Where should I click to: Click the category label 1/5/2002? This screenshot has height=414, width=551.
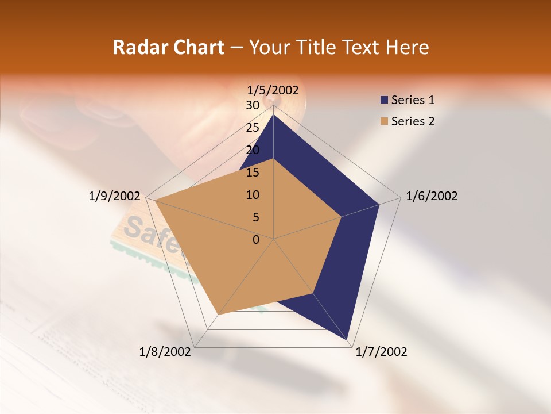coord(273,90)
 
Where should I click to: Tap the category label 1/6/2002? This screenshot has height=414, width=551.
coord(432,196)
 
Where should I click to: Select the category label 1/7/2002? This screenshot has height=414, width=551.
coord(381,352)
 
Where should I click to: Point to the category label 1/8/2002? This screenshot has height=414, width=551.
coord(165,352)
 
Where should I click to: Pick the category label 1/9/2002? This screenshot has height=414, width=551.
coord(115,196)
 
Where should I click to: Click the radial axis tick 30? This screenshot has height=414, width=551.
coord(252,105)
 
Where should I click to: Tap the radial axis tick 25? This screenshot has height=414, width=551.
coord(252,128)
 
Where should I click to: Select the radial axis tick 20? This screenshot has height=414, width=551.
coord(252,150)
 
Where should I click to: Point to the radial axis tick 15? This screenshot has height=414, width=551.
coord(252,172)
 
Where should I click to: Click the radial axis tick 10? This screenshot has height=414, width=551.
coord(252,195)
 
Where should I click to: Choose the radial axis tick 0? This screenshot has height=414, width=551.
coord(256,240)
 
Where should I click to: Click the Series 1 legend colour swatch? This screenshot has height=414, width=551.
coord(384,100)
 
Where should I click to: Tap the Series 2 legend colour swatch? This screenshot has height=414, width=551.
coord(384,121)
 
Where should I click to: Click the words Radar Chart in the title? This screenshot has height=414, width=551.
coord(168,47)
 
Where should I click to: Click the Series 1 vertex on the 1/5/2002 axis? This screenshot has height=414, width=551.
coord(273,114)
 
